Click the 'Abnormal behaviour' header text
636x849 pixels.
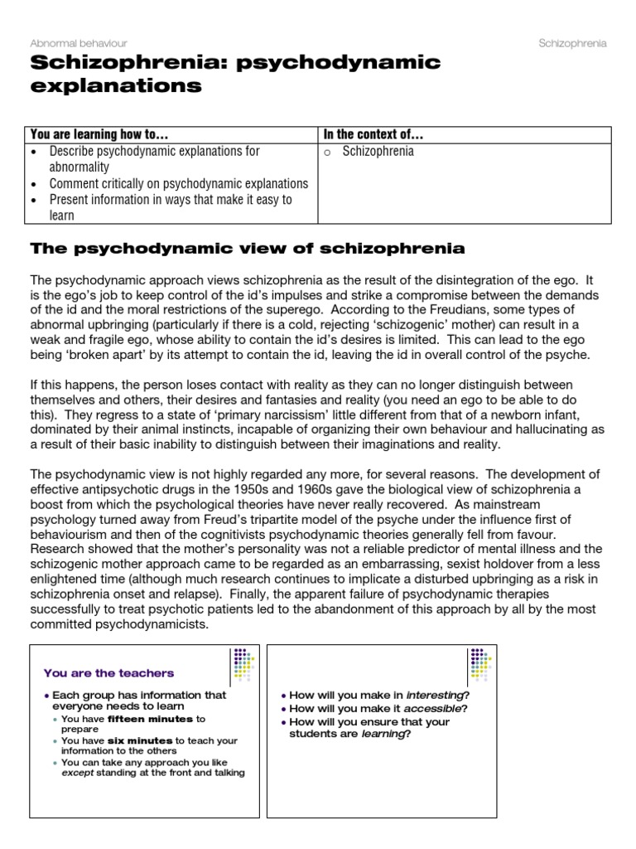tap(79, 42)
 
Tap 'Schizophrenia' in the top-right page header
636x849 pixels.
tap(572, 42)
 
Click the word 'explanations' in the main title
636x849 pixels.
tap(116, 85)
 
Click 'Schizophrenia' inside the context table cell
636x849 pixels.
tap(378, 152)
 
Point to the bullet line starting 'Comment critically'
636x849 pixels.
tap(178, 183)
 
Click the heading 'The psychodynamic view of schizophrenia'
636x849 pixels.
tap(247, 248)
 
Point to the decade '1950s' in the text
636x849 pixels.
tap(235, 490)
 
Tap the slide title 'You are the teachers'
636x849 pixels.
tap(108, 672)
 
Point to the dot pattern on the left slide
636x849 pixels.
tap(243, 664)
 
